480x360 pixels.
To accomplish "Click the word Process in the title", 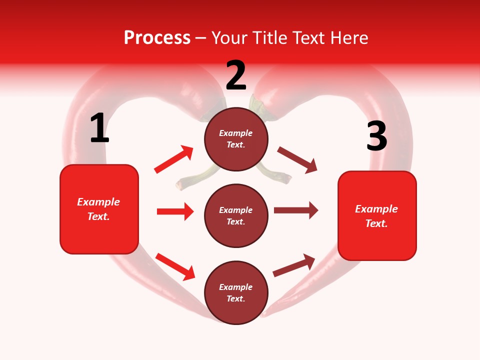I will pos(157,38).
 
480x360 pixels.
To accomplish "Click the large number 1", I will pos(99,128).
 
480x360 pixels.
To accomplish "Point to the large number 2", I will pos(236,75).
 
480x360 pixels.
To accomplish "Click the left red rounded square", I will pos(99,209).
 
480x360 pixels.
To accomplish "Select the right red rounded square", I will pos(377,216).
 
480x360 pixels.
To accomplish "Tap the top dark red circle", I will pos(236,139).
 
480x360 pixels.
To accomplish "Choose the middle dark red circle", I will pos(236,215).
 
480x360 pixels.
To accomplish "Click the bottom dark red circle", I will pos(236,292).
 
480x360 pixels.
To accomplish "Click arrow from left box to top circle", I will pos(174,159).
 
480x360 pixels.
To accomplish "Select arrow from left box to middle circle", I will pos(175,211).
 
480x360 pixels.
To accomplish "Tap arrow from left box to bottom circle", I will pos(175,266).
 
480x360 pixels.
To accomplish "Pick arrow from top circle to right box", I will pos(297,160).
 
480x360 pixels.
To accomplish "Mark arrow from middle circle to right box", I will pos(296,210).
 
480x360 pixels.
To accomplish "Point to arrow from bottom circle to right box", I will pos(294,265).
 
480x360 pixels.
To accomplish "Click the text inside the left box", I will pos(99,209).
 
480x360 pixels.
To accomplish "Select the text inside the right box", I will pos(376,216).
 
